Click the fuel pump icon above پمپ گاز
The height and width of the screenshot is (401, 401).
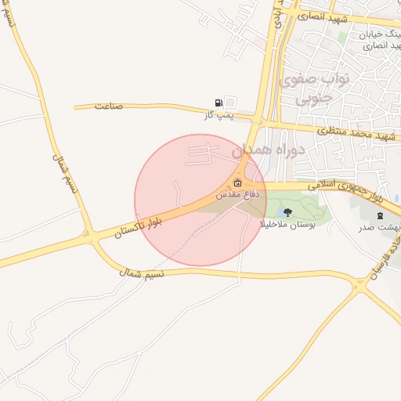pos(219,103)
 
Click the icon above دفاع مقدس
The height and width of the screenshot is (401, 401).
pos(237,183)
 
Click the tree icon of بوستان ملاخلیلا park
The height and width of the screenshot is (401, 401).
pos(287,211)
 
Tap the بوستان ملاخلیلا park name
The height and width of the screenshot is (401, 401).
pos(287,224)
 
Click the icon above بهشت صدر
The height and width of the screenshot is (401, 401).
pos(381,215)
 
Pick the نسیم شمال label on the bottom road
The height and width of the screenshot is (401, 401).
pos(141,272)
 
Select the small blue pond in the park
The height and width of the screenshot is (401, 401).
pos(280,210)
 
